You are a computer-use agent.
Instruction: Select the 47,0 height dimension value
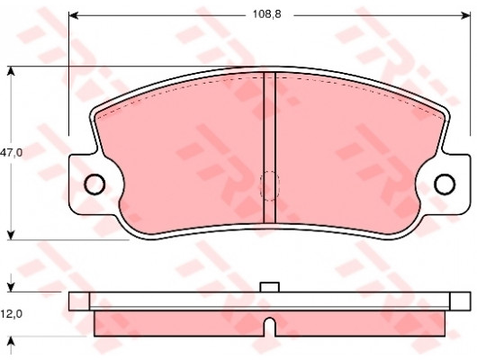tap(11, 153)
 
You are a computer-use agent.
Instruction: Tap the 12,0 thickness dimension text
tap(11, 313)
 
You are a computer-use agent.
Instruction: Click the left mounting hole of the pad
tap(94, 184)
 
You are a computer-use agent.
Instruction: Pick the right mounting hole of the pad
tap(444, 184)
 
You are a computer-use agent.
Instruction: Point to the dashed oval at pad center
tap(269, 186)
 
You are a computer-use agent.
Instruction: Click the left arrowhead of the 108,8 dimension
tap(75, 15)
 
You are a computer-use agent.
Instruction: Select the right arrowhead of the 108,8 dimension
tap(465, 15)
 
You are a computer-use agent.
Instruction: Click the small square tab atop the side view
tap(269, 287)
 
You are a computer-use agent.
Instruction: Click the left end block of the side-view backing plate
tap(79, 301)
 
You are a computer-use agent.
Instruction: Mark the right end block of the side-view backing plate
tap(459, 301)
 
